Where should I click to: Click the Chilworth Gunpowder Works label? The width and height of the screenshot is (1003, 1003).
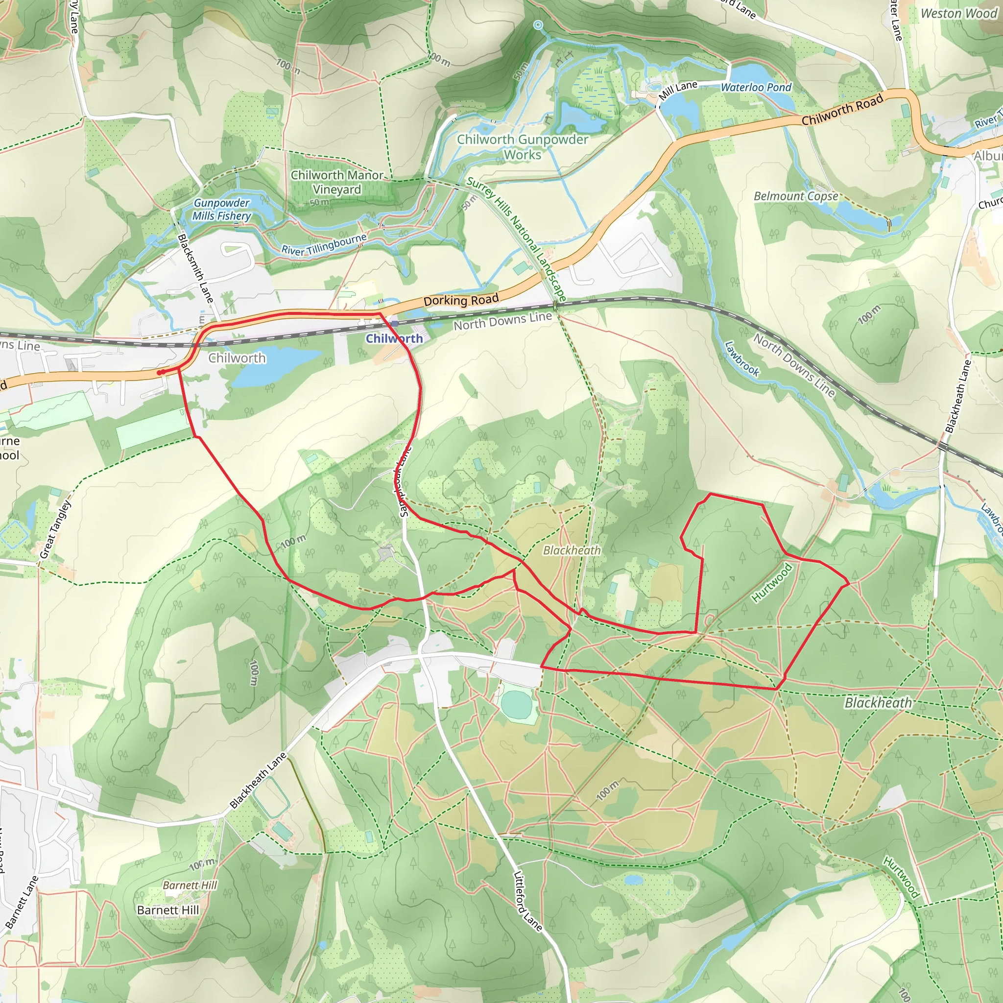(522, 147)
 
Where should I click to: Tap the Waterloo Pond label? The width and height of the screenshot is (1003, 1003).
(756, 87)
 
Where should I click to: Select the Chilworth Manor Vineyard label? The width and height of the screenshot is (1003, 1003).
(337, 182)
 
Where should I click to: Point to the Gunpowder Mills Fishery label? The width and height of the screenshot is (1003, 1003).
(222, 209)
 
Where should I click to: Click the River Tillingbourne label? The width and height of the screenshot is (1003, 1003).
(324, 244)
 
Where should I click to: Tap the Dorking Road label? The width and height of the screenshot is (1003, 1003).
(461, 300)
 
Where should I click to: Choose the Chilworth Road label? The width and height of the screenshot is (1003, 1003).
(842, 110)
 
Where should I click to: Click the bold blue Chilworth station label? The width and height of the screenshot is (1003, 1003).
(394, 338)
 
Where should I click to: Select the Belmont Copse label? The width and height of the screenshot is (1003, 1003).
(796, 196)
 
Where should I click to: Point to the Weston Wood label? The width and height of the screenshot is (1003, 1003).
(958, 14)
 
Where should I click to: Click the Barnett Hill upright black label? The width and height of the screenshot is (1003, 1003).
(167, 910)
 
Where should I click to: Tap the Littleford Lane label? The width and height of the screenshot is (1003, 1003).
(527, 901)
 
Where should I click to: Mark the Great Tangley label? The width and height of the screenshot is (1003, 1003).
(55, 529)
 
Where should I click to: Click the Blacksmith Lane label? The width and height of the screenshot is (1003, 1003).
(195, 268)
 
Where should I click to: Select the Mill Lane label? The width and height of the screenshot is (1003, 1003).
(678, 90)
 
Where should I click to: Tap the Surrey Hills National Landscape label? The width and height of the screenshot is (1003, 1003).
(516, 239)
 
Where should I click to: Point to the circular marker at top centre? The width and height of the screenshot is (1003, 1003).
(538, 25)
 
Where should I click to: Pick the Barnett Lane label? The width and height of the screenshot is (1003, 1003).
(22, 901)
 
